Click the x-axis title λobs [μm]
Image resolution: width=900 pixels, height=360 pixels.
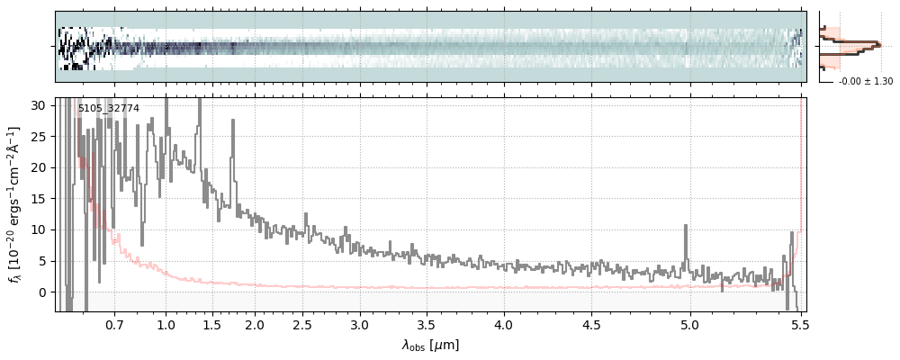[430, 345]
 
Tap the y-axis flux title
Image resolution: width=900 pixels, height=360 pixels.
[14, 205]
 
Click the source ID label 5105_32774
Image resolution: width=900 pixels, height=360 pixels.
[108, 109]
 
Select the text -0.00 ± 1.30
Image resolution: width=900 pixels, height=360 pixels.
[866, 82]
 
